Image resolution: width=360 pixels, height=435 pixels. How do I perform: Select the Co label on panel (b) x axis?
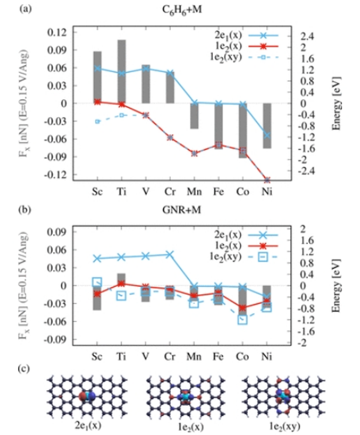pyautogui.click(x=243, y=356)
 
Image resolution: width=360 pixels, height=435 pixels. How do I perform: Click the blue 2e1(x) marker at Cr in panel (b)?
pyautogui.click(x=170, y=254)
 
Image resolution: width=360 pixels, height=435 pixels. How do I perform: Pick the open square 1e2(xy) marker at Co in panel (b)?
pyautogui.click(x=243, y=320)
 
